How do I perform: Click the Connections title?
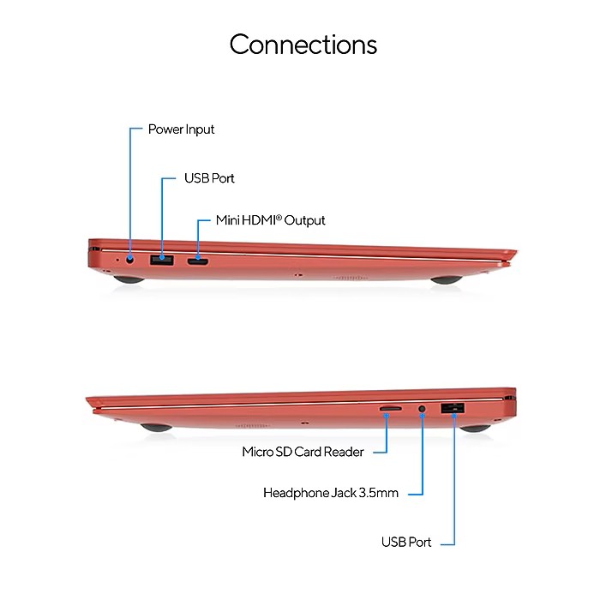(x=303, y=45)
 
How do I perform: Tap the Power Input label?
(x=181, y=129)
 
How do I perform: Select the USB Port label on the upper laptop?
(x=209, y=178)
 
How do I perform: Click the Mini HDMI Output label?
(x=271, y=220)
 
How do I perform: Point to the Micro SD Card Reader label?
(x=303, y=452)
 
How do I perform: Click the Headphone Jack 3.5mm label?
(x=331, y=493)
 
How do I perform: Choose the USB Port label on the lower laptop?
(x=406, y=542)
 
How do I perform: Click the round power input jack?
(x=130, y=260)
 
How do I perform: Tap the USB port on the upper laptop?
(x=161, y=260)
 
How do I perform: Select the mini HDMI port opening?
(x=197, y=261)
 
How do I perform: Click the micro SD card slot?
(x=390, y=409)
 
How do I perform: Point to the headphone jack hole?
(x=422, y=409)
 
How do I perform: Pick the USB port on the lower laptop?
(x=453, y=408)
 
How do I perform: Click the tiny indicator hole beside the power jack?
(x=117, y=261)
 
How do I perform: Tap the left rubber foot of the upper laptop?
(x=129, y=279)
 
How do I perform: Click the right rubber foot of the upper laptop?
(x=447, y=279)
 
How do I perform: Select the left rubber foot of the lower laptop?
(x=156, y=428)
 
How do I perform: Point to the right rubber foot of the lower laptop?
(x=475, y=429)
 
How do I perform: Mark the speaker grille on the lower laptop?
(x=251, y=425)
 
